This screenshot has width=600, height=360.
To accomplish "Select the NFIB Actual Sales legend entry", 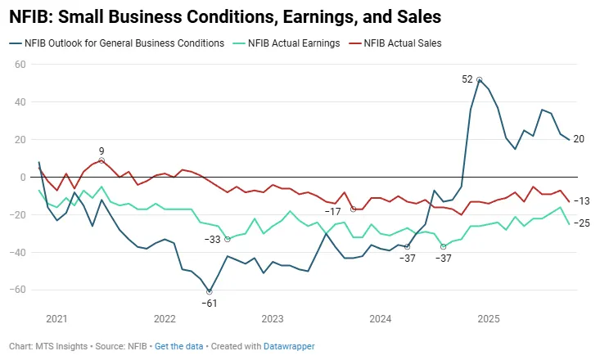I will [x=402, y=43].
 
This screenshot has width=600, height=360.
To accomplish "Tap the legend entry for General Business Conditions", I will [x=123, y=43].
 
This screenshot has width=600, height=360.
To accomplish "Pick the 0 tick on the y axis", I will [x=23, y=177].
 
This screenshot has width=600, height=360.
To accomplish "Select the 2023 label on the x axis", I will [x=273, y=318].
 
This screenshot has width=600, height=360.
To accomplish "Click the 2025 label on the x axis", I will [x=489, y=318].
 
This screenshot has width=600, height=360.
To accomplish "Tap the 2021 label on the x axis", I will [x=56, y=318].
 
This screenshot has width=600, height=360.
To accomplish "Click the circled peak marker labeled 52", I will [x=479, y=80].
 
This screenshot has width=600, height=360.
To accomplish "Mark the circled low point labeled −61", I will [x=210, y=291].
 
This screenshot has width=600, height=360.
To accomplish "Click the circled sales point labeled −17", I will [x=353, y=209].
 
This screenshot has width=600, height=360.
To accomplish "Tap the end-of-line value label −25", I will [x=582, y=223].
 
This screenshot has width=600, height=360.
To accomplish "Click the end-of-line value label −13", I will [x=582, y=201].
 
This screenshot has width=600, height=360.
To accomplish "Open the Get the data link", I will [x=180, y=346].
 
